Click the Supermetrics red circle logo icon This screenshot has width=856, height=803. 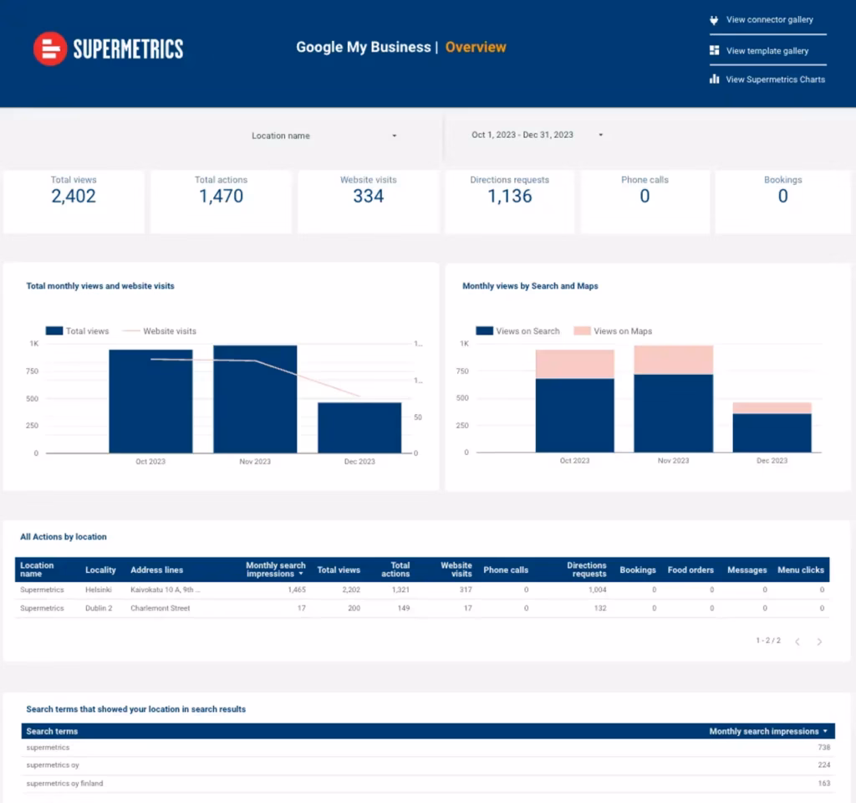49,49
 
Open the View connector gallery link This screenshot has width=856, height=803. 768,20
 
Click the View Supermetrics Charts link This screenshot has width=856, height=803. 774,79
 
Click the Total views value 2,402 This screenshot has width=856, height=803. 74,197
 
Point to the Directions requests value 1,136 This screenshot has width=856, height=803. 510,197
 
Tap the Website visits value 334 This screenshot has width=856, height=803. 369,197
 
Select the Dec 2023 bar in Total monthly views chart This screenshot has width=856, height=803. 359,427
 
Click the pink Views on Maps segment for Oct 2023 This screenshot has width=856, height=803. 575,364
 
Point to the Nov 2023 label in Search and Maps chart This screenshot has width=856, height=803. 673,461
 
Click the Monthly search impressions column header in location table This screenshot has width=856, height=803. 275,570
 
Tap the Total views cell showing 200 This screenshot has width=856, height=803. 354,608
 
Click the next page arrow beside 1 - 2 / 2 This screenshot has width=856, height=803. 819,642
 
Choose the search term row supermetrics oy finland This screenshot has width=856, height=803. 64,784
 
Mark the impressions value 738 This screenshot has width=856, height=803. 823,747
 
